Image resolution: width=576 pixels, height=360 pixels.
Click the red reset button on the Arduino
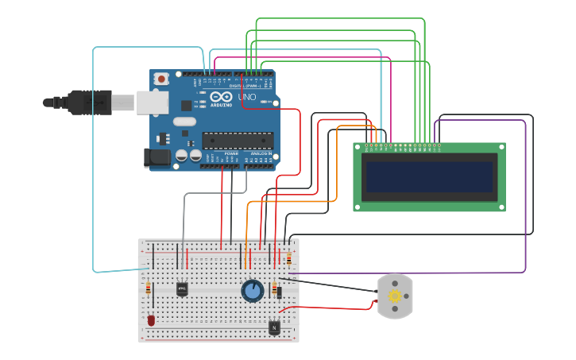[162, 79]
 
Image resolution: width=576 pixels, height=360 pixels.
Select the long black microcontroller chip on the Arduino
[238, 141]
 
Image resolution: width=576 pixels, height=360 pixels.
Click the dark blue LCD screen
[429, 176]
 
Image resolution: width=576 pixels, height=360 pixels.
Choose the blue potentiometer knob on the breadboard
[253, 291]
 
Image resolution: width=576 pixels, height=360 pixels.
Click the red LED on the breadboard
[151, 320]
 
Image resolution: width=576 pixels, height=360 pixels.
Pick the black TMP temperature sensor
[182, 288]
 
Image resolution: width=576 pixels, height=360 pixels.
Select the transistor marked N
[274, 326]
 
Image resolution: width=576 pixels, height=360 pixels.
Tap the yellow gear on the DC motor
[394, 296]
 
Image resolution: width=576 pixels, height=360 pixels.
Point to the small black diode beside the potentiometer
[279, 292]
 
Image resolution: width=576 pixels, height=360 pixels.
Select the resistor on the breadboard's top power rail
[288, 259]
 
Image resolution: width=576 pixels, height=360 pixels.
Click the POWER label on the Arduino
[230, 153]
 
